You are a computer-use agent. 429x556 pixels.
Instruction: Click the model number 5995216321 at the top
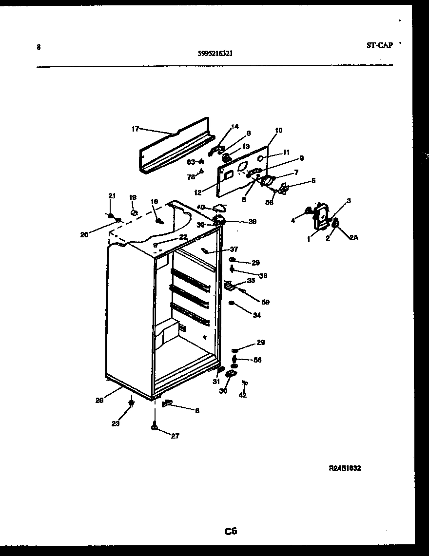215,54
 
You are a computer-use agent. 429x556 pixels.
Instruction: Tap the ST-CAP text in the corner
379,45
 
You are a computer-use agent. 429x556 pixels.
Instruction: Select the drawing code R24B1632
345,468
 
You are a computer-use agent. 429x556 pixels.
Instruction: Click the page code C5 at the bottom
231,531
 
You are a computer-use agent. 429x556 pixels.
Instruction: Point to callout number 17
135,129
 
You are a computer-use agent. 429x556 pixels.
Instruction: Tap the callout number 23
115,423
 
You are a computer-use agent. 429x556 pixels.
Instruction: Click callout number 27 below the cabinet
175,436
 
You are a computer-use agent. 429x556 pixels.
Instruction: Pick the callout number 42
242,395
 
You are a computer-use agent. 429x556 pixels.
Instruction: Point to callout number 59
265,302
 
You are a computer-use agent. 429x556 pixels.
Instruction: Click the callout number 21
112,196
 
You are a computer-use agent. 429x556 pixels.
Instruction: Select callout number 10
278,131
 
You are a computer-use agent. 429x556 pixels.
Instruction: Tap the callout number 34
256,315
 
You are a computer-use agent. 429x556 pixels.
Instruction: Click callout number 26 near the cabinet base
99,401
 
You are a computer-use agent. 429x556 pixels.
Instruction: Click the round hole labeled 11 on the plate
262,158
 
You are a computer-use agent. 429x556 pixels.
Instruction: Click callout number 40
201,207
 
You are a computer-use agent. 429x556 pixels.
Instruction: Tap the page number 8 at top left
39,47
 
